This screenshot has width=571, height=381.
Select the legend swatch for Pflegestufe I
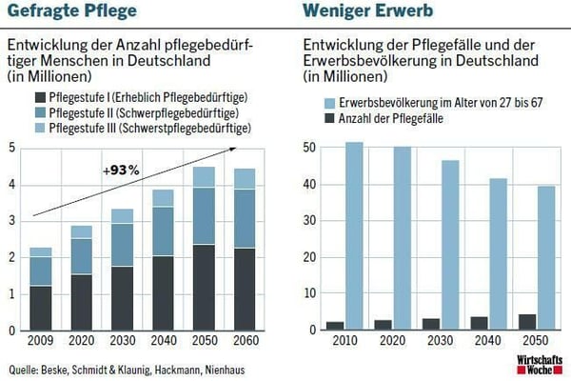pyautogui.click(x=39, y=97)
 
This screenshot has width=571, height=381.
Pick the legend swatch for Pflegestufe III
pyautogui.click(x=39, y=127)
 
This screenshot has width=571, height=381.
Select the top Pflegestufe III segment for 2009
pyautogui.click(x=40, y=252)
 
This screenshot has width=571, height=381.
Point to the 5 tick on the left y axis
pyautogui.click(x=11, y=147)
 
